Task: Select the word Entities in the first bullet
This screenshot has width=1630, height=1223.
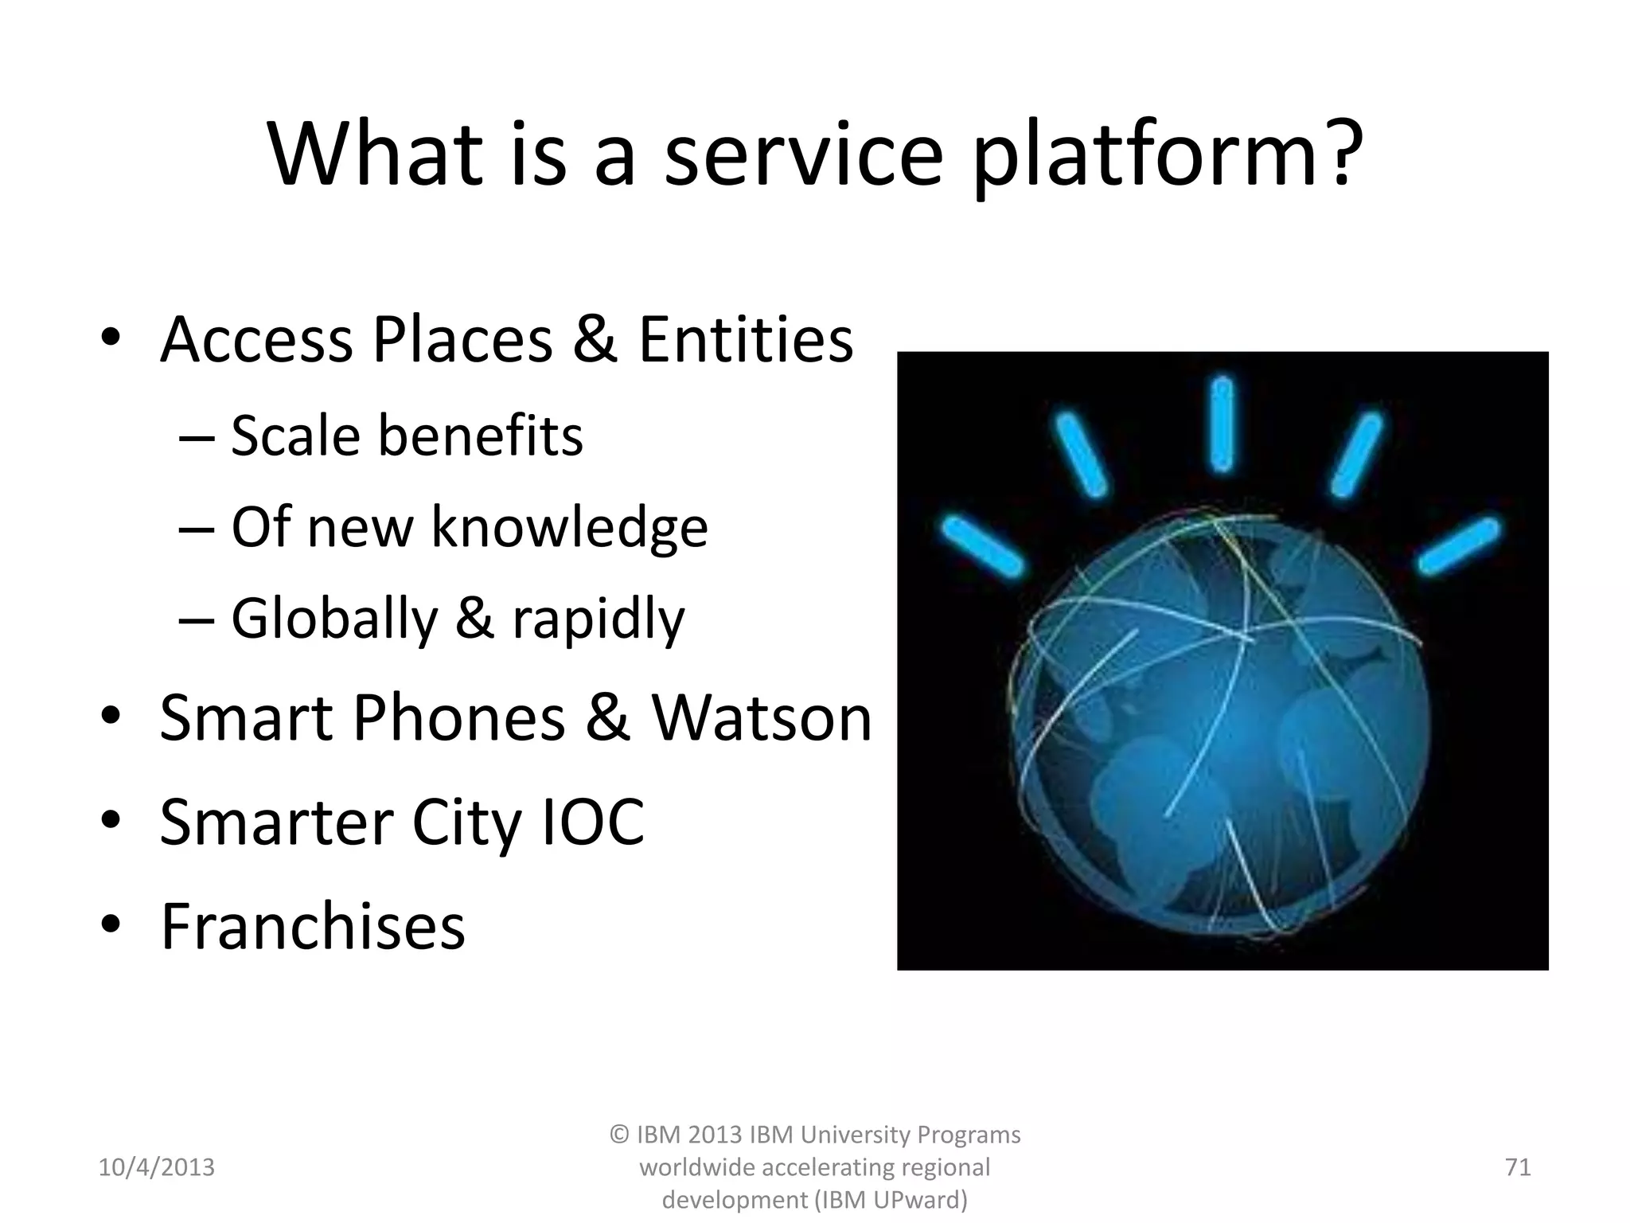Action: pos(745,340)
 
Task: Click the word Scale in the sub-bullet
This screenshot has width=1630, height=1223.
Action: pos(295,436)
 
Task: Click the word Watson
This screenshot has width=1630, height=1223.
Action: pos(762,718)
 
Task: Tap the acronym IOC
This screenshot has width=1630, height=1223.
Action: pos(593,822)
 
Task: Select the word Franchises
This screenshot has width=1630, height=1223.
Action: pos(313,927)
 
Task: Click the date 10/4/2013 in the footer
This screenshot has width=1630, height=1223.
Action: pos(156,1167)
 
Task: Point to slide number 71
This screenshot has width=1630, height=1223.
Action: pos(1518,1167)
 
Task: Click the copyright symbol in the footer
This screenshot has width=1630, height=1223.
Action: pos(620,1135)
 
